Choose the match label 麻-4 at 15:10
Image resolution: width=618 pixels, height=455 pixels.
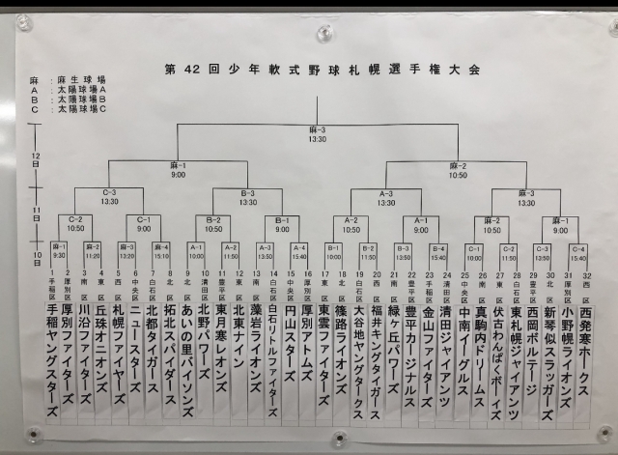click(x=162, y=251)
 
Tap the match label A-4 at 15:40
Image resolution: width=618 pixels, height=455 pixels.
click(x=300, y=252)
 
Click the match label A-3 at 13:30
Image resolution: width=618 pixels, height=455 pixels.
click(x=385, y=198)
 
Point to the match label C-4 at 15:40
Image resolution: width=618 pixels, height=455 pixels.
click(x=578, y=251)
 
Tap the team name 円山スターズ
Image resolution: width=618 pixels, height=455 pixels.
click(x=292, y=338)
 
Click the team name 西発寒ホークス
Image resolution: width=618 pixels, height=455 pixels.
click(x=583, y=338)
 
